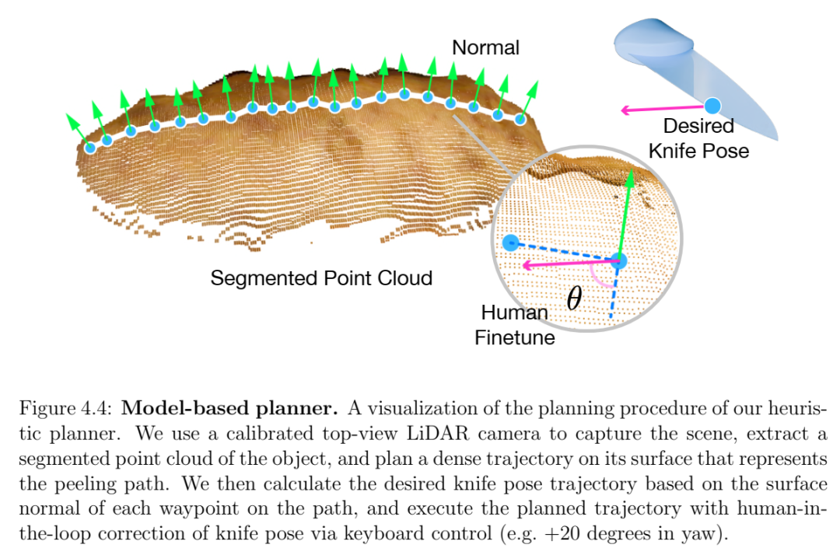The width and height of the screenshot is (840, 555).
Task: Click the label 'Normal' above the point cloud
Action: [485, 47]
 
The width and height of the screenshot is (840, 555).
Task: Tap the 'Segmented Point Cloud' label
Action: [321, 278]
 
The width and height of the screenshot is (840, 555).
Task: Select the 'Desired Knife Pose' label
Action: [698, 138]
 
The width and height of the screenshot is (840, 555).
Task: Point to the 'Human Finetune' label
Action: [514, 325]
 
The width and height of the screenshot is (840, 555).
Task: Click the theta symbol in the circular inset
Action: [574, 298]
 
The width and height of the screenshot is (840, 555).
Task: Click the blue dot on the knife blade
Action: [712, 106]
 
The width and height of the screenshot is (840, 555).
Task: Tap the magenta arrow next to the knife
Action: [662, 109]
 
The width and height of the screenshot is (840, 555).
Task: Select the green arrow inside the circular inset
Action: [625, 215]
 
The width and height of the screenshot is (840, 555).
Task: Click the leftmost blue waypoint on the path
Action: [90, 148]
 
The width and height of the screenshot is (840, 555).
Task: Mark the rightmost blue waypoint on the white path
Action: [520, 120]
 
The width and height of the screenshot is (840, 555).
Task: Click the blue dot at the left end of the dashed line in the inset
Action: [511, 243]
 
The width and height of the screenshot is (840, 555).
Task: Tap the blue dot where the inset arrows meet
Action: [619, 261]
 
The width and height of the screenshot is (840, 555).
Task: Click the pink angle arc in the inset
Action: [599, 279]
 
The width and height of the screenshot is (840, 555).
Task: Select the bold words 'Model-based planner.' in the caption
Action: [229, 408]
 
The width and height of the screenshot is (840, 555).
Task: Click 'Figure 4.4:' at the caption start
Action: [65, 408]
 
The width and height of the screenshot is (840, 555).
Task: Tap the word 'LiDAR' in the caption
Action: [438, 434]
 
